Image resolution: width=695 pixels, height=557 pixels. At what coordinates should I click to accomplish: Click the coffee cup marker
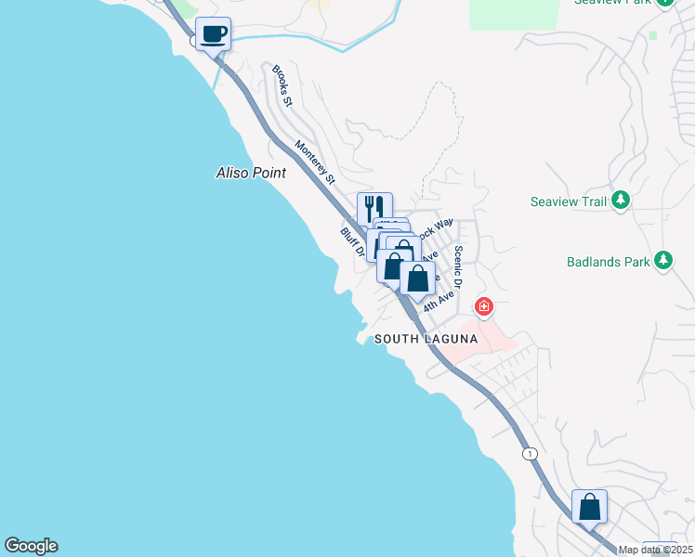(214, 35)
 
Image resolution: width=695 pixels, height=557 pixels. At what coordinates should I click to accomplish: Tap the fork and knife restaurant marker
(374, 208)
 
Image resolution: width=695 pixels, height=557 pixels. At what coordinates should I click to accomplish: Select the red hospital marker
(483, 305)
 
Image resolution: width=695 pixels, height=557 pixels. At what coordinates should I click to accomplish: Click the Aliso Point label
(251, 173)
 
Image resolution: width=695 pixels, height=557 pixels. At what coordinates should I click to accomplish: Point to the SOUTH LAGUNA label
(426, 340)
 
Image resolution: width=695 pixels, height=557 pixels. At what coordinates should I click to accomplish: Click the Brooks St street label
(282, 85)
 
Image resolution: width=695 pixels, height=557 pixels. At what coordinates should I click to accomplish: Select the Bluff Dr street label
(350, 243)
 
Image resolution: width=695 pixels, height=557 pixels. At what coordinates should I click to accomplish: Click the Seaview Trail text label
(568, 201)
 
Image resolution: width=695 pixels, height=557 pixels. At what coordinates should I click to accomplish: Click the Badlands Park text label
(609, 262)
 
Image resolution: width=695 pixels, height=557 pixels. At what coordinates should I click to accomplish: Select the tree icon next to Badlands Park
(663, 260)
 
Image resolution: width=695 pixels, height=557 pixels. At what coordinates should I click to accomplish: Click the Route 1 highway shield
(530, 453)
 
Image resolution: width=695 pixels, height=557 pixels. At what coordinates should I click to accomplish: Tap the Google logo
(31, 546)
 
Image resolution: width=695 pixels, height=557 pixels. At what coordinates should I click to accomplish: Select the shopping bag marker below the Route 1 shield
(589, 507)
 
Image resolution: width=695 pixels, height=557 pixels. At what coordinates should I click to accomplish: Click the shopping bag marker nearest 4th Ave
(418, 277)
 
